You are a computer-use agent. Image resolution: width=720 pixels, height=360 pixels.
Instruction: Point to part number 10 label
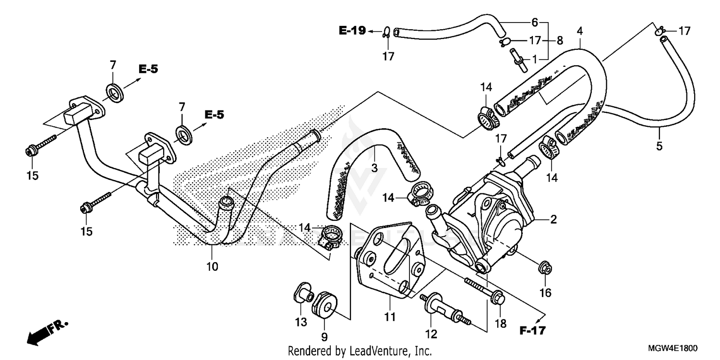click(212, 266)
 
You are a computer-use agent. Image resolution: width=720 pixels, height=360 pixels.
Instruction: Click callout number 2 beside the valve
click(553, 220)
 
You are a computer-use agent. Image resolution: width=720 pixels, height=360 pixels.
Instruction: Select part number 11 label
click(389, 317)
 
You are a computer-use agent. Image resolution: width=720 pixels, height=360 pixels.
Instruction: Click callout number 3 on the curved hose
click(374, 168)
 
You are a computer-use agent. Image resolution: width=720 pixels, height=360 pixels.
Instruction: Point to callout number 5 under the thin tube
click(659, 146)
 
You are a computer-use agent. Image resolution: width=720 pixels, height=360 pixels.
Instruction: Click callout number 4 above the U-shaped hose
click(580, 31)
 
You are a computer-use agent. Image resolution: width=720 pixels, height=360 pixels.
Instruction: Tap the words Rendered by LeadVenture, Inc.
click(360, 350)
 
